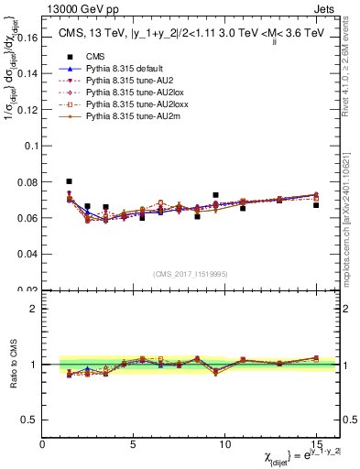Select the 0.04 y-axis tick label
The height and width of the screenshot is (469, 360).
(27, 254)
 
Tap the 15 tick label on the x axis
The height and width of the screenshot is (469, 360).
(316, 444)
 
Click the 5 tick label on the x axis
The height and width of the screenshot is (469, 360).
(134, 444)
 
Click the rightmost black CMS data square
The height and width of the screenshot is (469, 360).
(316, 205)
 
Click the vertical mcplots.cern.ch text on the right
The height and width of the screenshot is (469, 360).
(353, 229)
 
